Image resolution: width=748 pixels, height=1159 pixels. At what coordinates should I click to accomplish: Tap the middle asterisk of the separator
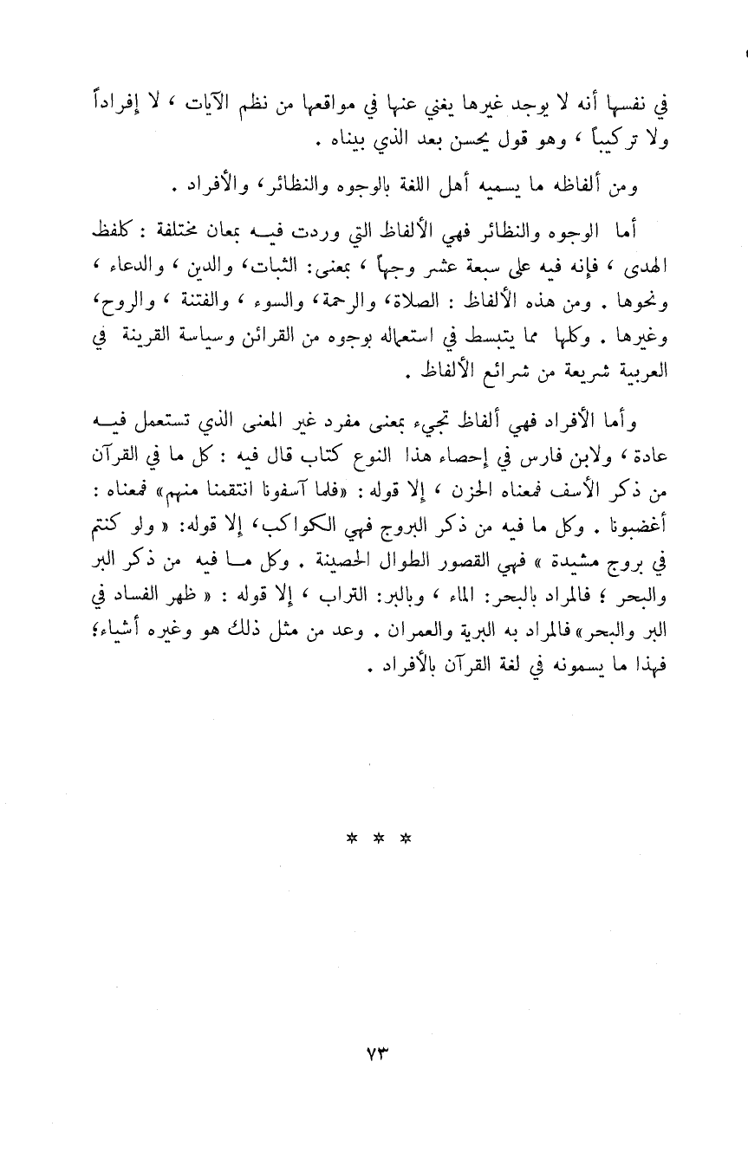(374, 839)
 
